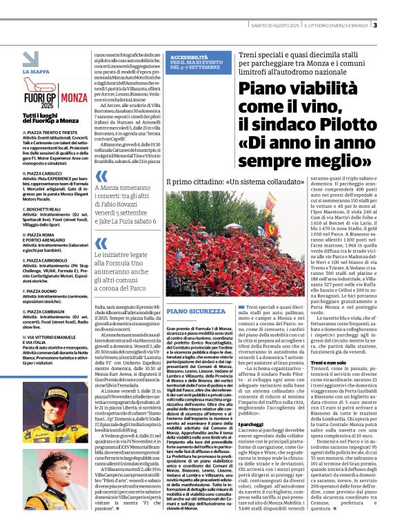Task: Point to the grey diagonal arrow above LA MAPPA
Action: pyautogui.click(x=30, y=59)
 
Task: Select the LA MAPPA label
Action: pyautogui.click(x=34, y=72)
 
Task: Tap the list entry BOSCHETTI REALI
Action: pyautogui.click(x=47, y=209)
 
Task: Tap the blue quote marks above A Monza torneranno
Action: pyautogui.click(x=101, y=176)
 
